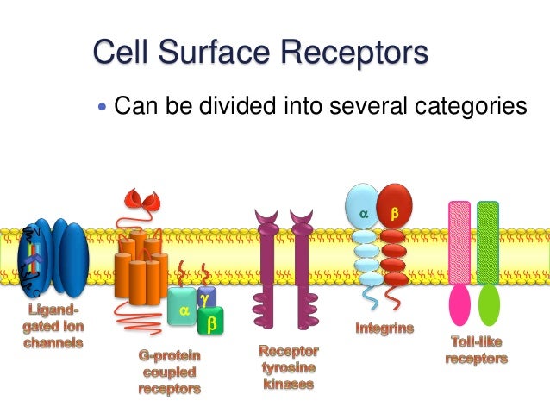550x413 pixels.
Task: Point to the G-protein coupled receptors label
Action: click(x=170, y=372)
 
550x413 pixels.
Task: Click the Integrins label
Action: click(x=384, y=328)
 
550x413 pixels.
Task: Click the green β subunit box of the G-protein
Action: click(x=210, y=322)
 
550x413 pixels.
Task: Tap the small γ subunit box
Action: click(x=205, y=297)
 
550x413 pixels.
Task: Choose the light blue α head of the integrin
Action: click(x=362, y=210)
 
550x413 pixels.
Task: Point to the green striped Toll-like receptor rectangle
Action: click(x=488, y=241)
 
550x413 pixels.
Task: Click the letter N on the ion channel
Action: click(x=36, y=232)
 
